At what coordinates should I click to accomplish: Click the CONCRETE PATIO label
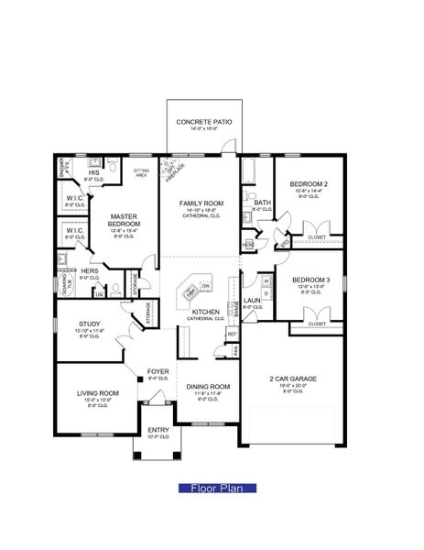pos(204,121)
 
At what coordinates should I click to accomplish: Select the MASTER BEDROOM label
pos(124,220)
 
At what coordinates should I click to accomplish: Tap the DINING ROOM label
pos(208,387)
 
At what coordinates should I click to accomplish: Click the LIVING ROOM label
pos(97,393)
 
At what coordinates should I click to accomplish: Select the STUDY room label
pos(89,323)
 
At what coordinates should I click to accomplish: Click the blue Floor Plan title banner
pos(211,489)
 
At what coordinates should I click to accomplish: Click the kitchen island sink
pos(190,292)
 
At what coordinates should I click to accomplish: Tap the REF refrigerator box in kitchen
pos(233,334)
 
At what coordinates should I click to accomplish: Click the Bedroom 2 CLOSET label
pos(316,236)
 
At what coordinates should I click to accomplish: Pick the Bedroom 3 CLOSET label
pos(316,324)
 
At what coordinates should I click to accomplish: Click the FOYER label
pos(158,371)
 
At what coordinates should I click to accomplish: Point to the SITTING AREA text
pos(142,171)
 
